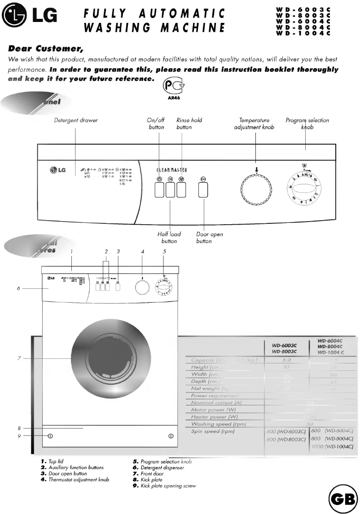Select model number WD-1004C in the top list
(x=303, y=33)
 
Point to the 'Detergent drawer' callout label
(x=76, y=120)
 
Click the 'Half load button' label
(x=169, y=237)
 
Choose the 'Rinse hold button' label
(x=189, y=123)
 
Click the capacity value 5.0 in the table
(x=286, y=360)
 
